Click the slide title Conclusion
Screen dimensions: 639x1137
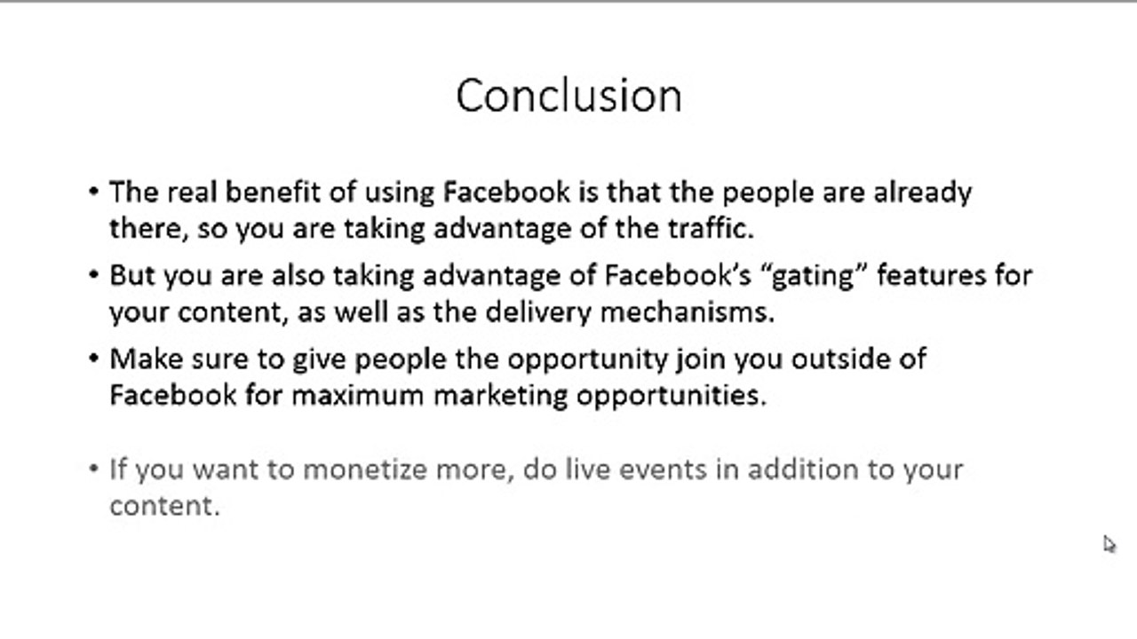click(568, 95)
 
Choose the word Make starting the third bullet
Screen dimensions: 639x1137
click(146, 359)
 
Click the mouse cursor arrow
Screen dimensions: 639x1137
click(1109, 544)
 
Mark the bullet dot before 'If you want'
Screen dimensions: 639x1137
click(94, 469)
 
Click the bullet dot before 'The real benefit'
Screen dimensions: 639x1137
click(94, 192)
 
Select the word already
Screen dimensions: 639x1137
click(922, 192)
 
